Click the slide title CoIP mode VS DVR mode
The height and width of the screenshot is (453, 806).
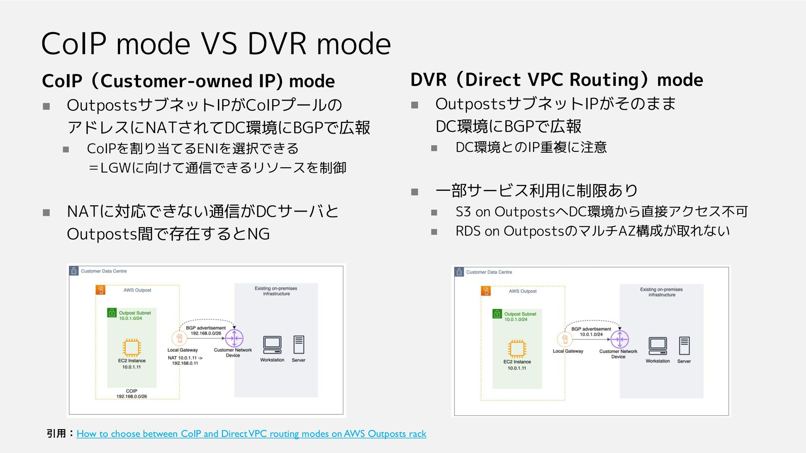[216, 44]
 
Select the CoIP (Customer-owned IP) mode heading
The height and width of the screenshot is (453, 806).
[188, 81]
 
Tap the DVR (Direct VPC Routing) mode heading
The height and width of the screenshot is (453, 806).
[557, 80]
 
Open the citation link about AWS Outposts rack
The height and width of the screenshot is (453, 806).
[251, 434]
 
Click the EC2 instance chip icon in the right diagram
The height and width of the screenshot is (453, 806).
[517, 349]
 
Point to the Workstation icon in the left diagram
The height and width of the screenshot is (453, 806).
[272, 345]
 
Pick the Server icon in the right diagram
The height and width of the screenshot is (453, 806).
[684, 346]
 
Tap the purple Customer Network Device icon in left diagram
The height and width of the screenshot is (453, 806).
[234, 338]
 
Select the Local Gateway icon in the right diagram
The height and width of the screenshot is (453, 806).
[565, 339]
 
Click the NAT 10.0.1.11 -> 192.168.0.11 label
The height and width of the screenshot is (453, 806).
[185, 361]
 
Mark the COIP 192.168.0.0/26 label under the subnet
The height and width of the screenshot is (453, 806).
[131, 393]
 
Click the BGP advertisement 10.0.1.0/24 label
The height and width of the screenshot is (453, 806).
[591, 332]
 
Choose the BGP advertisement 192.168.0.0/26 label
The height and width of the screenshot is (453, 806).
[206, 331]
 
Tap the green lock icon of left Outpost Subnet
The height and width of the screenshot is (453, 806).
[112, 312]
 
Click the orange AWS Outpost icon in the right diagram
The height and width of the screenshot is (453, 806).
[486, 291]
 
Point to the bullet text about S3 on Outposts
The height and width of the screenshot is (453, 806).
[601, 212]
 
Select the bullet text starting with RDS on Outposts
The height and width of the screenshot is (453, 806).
[592, 231]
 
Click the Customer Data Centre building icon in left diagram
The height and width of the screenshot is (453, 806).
[74, 271]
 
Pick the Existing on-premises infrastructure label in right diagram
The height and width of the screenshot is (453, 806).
[661, 292]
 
